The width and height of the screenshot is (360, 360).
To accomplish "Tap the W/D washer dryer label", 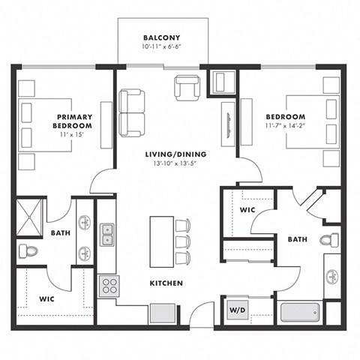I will tap(235, 310).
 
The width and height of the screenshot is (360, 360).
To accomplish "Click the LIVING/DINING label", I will tap(175, 154).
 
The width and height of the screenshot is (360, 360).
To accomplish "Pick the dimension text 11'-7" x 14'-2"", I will tap(285, 127).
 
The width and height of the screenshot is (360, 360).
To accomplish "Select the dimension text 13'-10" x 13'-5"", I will tap(175, 164).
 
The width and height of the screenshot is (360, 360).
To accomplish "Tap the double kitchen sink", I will tap(106, 234).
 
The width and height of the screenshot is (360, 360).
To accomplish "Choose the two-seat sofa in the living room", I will tap(130, 112).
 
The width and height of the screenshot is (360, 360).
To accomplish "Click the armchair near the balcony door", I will tap(187, 88).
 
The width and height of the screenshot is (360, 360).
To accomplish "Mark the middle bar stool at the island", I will tap(182, 241).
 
